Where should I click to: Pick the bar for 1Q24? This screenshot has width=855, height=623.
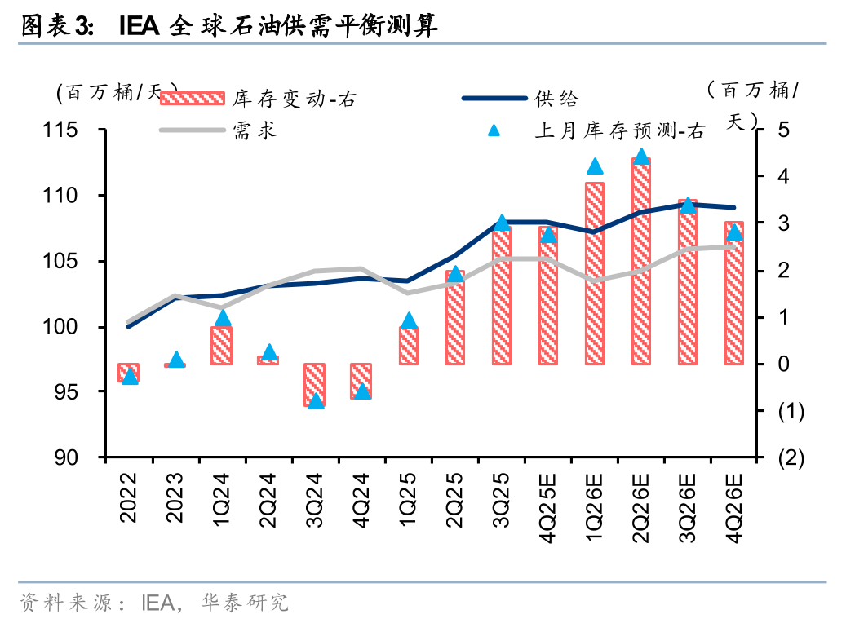[x=222, y=345]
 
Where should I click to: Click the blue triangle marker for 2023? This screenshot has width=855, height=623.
[x=175, y=360]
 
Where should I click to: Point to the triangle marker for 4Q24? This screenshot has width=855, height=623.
[x=361, y=391]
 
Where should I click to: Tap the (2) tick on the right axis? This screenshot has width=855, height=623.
[x=791, y=458]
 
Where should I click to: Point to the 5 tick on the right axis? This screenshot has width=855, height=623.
[x=784, y=130]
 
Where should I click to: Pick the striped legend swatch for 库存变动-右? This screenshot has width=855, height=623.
[x=191, y=99]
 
